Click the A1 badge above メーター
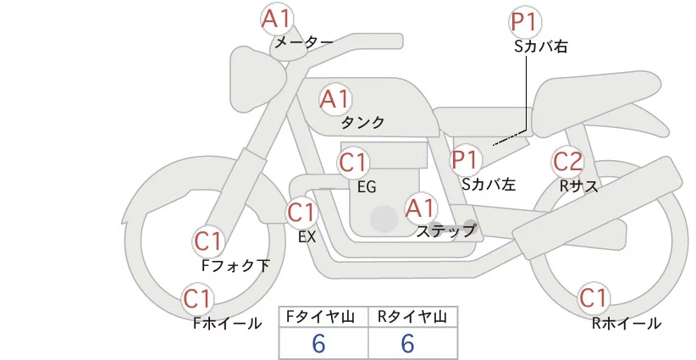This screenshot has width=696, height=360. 277,18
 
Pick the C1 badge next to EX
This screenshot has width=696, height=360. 301,212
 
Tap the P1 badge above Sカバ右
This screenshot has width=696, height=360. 526,23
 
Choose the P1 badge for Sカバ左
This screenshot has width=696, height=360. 465,158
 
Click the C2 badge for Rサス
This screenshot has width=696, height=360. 567,161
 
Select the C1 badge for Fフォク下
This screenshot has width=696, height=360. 207,241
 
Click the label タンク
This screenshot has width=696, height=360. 362,123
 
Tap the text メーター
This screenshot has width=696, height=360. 304,42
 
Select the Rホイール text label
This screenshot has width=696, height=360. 627,323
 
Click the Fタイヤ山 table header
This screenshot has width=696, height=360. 323,317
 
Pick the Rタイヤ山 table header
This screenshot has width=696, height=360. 412,317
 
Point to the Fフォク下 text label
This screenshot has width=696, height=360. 235,266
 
